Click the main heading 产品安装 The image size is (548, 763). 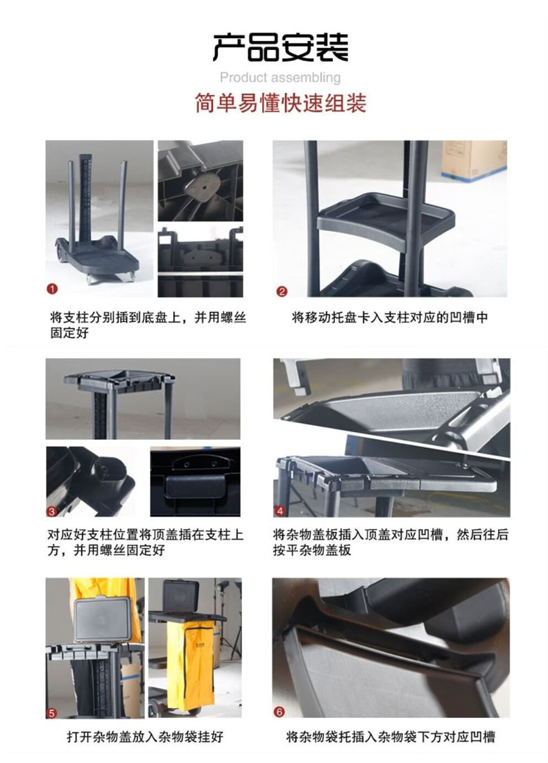pyautogui.click(x=280, y=47)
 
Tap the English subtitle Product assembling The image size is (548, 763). pyautogui.click(x=280, y=78)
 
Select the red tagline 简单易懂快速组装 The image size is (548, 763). pyautogui.click(x=280, y=103)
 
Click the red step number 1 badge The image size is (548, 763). pyautogui.click(x=52, y=289)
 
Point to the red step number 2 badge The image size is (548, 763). pyautogui.click(x=282, y=291)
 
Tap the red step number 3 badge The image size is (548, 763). pyautogui.click(x=51, y=511)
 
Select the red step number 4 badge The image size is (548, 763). pyautogui.click(x=280, y=511)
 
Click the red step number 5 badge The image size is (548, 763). pyautogui.click(x=51, y=713)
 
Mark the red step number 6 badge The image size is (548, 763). pyautogui.click(x=279, y=712)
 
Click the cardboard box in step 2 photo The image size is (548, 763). pyautogui.click(x=474, y=160)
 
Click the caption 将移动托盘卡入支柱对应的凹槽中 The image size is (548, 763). pyautogui.click(x=390, y=318)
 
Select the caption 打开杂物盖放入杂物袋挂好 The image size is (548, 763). pyautogui.click(x=145, y=736)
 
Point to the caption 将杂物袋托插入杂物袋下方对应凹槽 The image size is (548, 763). pyautogui.click(x=391, y=736)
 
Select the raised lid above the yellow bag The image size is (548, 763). pyautogui.click(x=181, y=597)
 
